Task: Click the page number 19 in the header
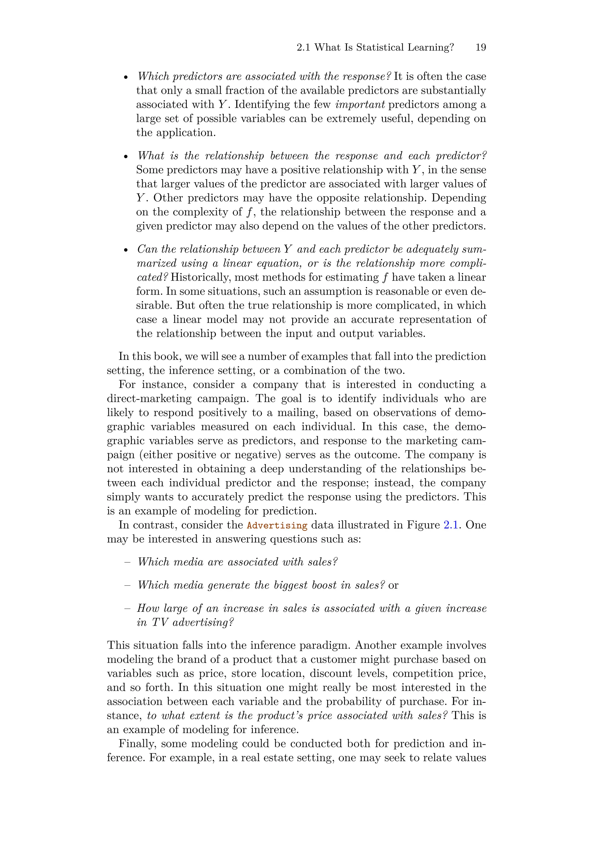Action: (x=480, y=47)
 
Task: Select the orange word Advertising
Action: (x=277, y=525)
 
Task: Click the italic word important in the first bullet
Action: (x=360, y=105)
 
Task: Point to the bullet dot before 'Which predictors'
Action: (x=126, y=77)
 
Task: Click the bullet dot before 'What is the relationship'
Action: (x=126, y=157)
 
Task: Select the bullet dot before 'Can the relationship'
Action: (x=126, y=250)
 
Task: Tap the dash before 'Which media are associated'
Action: (x=127, y=562)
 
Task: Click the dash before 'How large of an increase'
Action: (x=127, y=609)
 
